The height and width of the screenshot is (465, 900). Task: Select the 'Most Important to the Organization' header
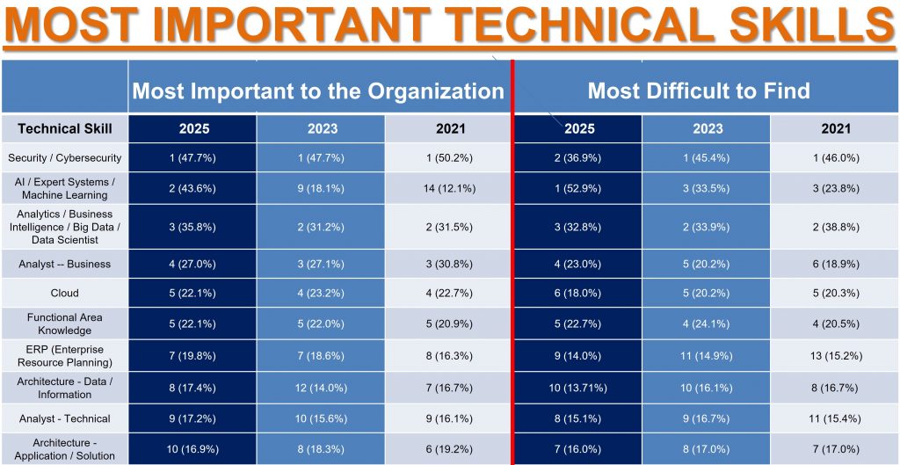click(318, 91)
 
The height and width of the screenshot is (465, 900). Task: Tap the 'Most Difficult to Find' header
click(699, 91)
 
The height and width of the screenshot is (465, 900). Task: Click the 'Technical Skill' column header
click(65, 128)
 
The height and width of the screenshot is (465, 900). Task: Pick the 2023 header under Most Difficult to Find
click(708, 128)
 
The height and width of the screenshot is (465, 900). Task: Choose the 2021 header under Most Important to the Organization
click(450, 128)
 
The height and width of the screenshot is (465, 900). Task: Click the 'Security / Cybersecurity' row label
click(65, 158)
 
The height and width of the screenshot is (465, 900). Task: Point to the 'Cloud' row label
click(65, 293)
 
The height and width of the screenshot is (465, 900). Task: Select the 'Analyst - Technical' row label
click(65, 418)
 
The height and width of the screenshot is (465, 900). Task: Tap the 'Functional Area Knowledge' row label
click(65, 323)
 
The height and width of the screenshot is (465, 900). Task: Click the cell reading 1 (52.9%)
click(579, 188)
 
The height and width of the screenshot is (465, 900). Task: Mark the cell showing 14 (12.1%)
click(450, 188)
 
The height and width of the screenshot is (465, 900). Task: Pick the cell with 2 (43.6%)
click(193, 188)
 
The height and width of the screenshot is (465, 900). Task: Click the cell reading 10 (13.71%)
click(579, 387)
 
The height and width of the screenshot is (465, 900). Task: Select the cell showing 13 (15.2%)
click(836, 356)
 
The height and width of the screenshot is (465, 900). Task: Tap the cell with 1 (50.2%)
click(450, 158)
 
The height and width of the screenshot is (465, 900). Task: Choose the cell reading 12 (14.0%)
click(322, 387)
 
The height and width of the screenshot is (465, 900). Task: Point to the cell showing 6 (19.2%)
click(450, 449)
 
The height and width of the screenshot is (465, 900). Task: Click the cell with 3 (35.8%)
click(193, 226)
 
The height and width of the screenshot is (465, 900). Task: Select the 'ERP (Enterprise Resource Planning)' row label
click(65, 355)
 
